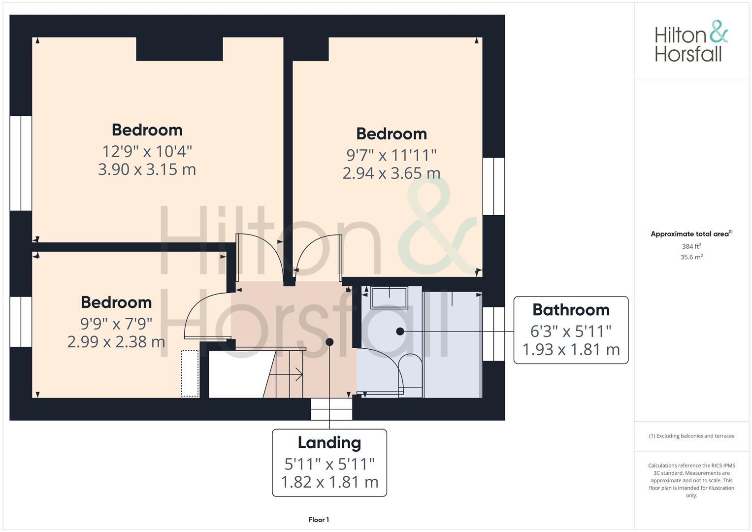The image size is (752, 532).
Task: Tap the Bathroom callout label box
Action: click(x=570, y=330)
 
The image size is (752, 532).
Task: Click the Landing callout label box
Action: click(x=329, y=463)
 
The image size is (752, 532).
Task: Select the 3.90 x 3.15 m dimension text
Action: click(x=147, y=169)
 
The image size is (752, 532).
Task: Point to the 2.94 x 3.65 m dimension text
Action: click(x=391, y=173)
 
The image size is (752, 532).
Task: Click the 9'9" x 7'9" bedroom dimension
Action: click(x=116, y=324)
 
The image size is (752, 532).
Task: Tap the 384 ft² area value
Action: click(x=691, y=246)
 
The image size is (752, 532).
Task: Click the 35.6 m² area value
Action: click(x=691, y=257)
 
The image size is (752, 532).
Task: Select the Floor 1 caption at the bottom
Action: click(x=319, y=520)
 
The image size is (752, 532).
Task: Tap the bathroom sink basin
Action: click(x=389, y=298)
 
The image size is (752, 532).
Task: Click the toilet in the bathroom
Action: click(x=410, y=372)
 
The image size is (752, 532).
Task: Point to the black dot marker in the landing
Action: click(x=329, y=342)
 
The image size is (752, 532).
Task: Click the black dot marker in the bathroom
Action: click(x=400, y=332)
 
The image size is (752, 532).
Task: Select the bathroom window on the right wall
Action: click(x=493, y=334)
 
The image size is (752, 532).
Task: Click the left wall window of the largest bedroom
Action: click(x=21, y=163)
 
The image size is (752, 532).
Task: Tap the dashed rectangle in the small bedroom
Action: click(x=190, y=373)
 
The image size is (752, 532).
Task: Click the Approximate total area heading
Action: click(x=691, y=234)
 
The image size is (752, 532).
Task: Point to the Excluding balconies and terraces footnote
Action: click(x=691, y=436)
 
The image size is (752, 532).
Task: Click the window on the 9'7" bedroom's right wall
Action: click(x=493, y=186)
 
